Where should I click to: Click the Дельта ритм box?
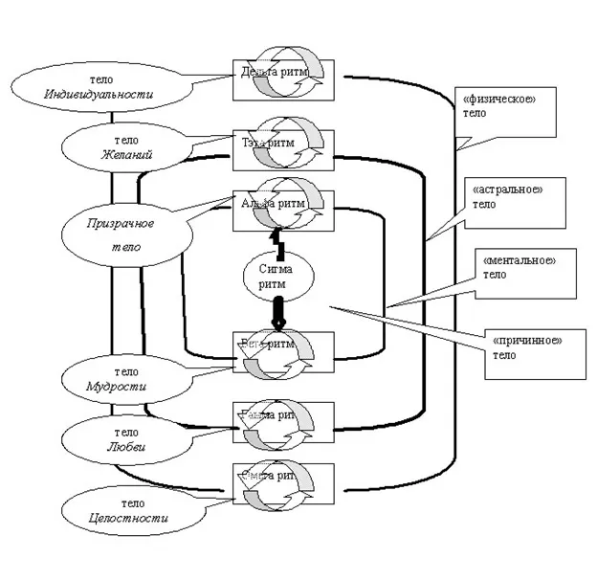(284, 78)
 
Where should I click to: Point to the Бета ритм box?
(284, 349)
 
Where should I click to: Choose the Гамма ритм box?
(284, 418)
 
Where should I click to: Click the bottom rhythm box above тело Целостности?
(284, 479)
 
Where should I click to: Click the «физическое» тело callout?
(503, 104)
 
